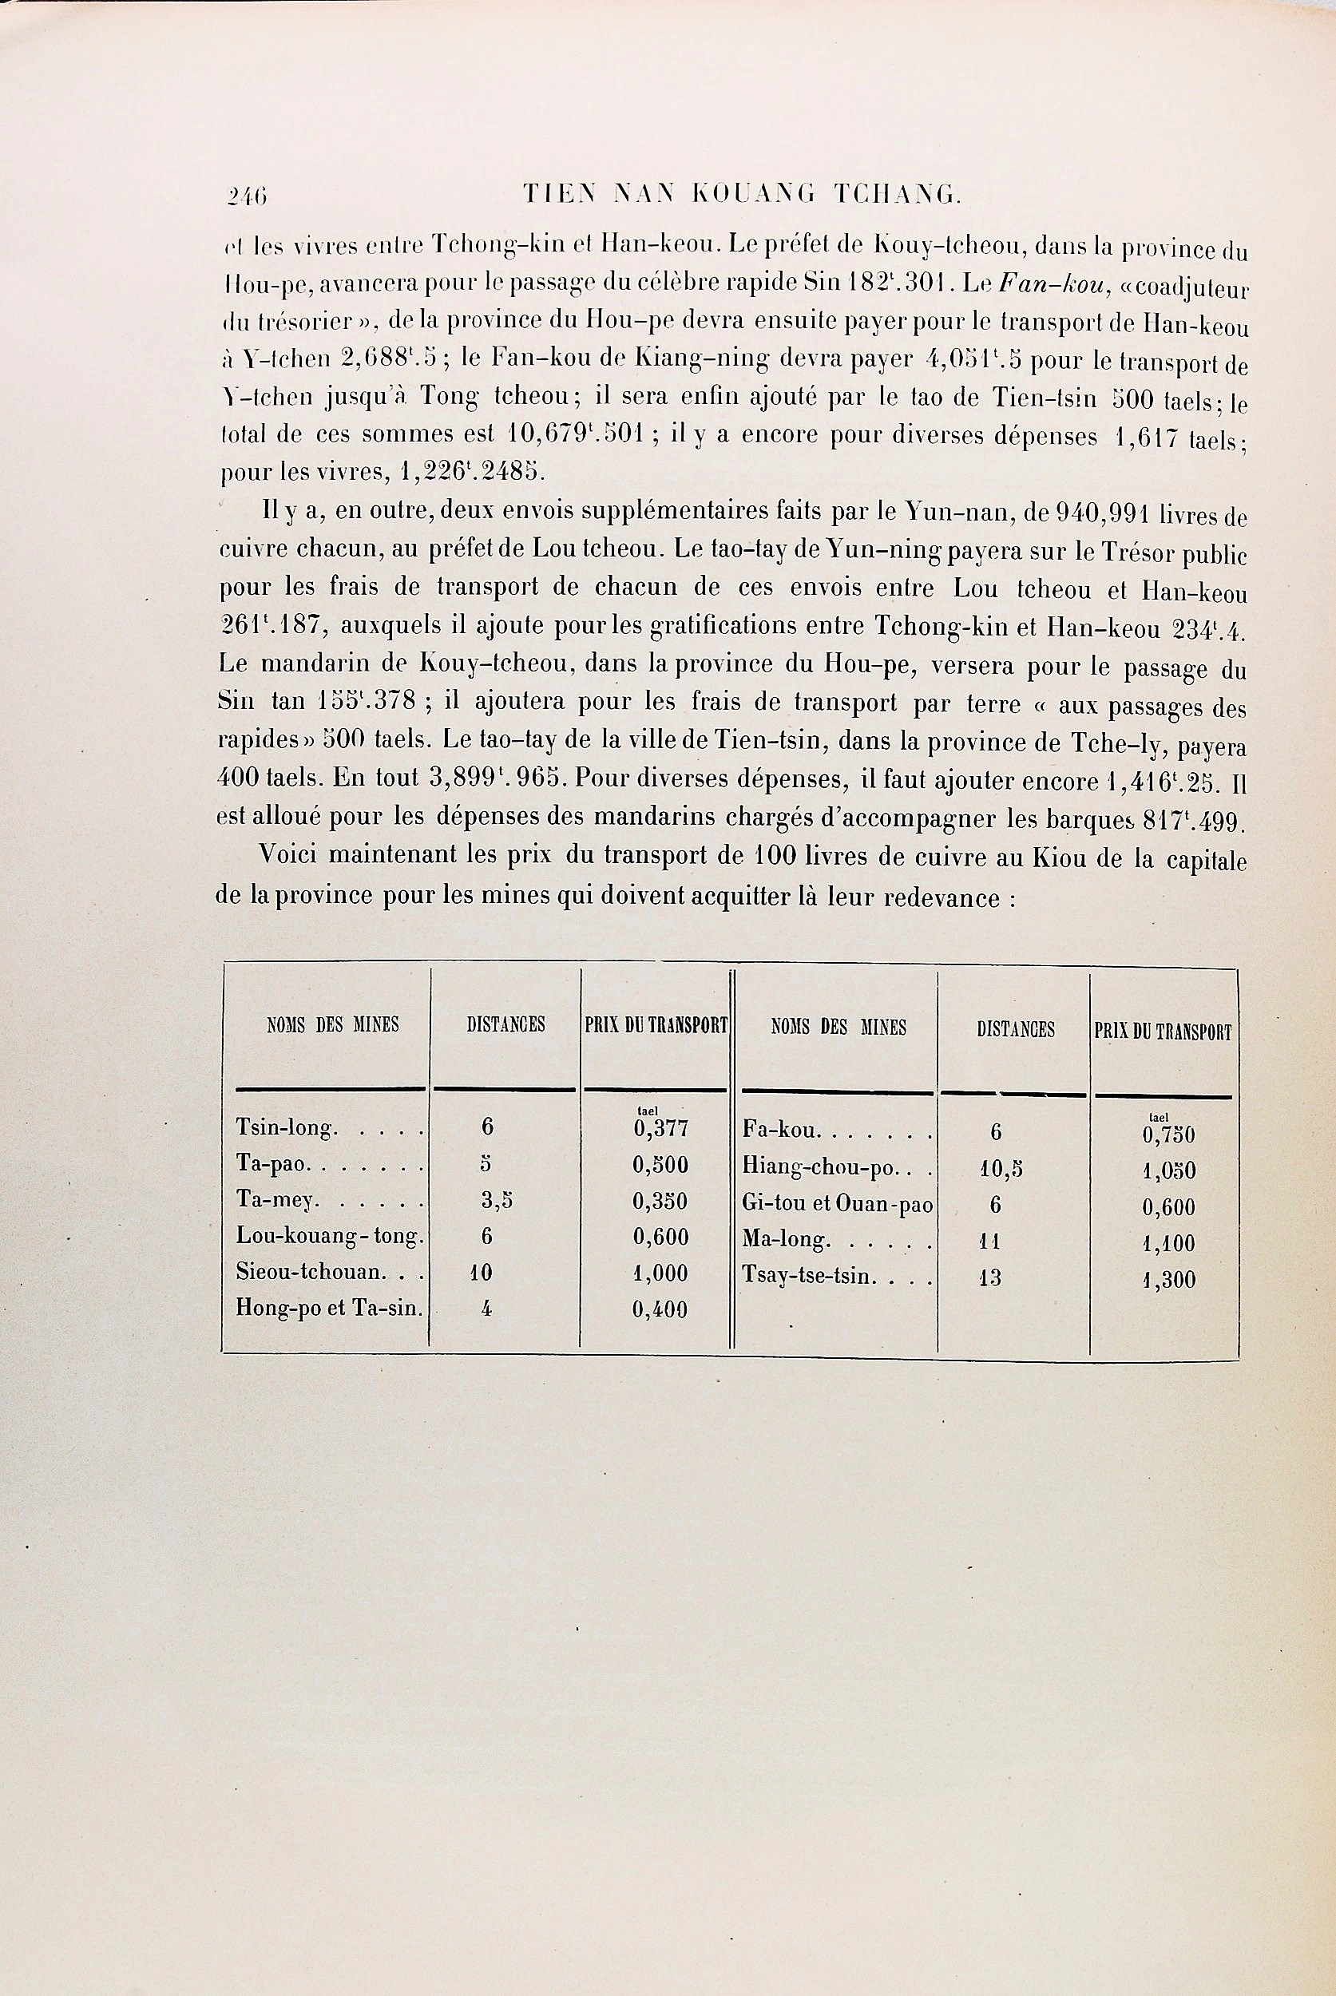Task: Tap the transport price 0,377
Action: tap(660, 1129)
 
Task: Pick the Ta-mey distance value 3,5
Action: tap(496, 1201)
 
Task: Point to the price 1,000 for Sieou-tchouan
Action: tap(660, 1273)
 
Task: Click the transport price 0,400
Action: tap(660, 1309)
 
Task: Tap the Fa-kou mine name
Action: tap(781, 1131)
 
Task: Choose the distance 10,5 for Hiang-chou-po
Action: tap(1001, 1169)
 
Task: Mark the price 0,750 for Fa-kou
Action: tap(1168, 1135)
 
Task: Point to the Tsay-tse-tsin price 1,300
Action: tap(1168, 1280)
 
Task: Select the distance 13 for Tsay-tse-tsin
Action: tap(990, 1278)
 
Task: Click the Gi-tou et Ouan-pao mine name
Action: tap(838, 1206)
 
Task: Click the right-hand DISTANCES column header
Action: tap(1015, 1030)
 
